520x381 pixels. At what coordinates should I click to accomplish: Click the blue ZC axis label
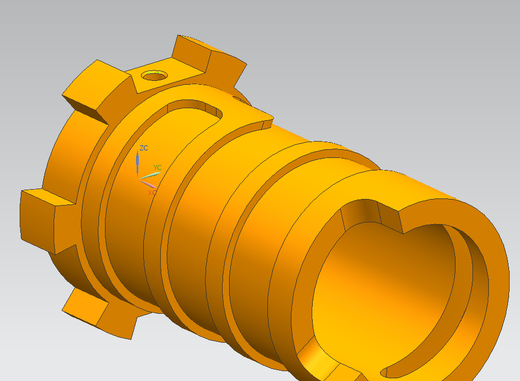144,148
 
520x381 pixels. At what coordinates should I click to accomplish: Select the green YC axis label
157,167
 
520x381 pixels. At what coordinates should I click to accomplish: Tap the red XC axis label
152,192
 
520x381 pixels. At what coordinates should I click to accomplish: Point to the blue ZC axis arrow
138,163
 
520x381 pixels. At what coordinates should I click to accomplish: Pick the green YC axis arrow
150,175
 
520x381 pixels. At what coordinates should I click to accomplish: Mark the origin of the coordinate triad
139,178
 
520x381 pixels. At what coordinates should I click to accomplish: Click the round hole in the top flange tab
154,75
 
